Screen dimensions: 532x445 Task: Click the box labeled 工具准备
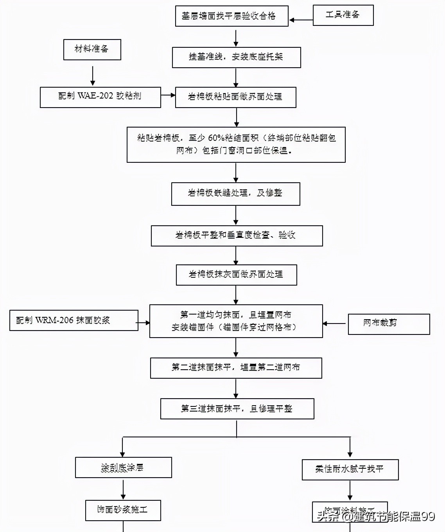click(x=343, y=15)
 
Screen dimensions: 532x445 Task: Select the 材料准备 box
click(x=92, y=49)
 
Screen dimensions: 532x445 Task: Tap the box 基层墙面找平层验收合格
click(x=231, y=16)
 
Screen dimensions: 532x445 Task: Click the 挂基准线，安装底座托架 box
click(x=236, y=57)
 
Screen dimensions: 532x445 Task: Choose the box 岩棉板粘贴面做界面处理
click(x=235, y=97)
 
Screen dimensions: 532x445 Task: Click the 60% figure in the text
click(x=216, y=138)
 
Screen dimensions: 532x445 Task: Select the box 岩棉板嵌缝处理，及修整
click(x=235, y=194)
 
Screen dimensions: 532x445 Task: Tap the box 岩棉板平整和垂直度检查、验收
click(x=237, y=235)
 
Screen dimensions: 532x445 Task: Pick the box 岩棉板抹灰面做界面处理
click(x=236, y=275)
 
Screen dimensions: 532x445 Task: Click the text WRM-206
click(x=54, y=320)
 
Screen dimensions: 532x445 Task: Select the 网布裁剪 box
click(x=389, y=324)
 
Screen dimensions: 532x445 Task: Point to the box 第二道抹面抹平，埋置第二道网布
click(x=236, y=368)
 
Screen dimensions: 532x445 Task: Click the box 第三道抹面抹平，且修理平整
click(x=237, y=409)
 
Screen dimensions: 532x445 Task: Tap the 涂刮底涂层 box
click(x=123, y=467)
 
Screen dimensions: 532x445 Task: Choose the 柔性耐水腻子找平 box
click(x=350, y=469)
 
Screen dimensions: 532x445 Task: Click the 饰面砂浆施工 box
click(x=123, y=510)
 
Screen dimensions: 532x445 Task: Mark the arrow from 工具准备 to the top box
click(x=301, y=20)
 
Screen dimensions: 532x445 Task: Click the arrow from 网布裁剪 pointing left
click(x=335, y=324)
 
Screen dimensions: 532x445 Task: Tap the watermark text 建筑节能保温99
click(x=394, y=517)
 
